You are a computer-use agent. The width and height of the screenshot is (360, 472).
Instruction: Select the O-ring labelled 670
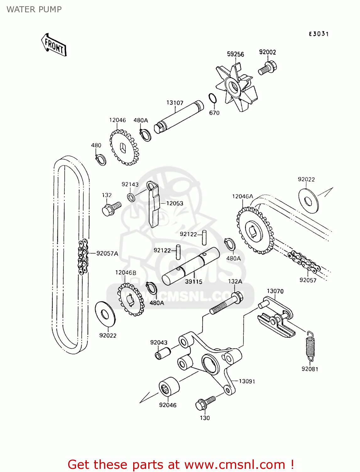(x=213, y=98)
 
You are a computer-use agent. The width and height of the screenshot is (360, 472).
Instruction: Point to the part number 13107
(x=175, y=103)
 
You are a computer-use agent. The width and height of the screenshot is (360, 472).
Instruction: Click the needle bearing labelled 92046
(x=169, y=389)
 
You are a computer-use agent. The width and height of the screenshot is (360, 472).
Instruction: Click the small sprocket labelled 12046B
(x=131, y=299)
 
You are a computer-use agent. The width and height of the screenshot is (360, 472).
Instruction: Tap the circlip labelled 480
(x=101, y=160)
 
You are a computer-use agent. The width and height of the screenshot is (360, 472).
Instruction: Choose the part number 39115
(x=194, y=282)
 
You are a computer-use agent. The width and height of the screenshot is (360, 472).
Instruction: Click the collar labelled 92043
(x=162, y=353)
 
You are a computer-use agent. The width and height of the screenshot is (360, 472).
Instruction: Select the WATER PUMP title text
(x=34, y=9)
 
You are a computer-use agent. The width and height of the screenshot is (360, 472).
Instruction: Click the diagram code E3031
(x=319, y=34)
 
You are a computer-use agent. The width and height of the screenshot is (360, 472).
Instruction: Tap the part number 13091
(x=247, y=381)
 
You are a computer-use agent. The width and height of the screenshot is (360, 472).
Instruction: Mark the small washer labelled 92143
(x=131, y=198)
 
